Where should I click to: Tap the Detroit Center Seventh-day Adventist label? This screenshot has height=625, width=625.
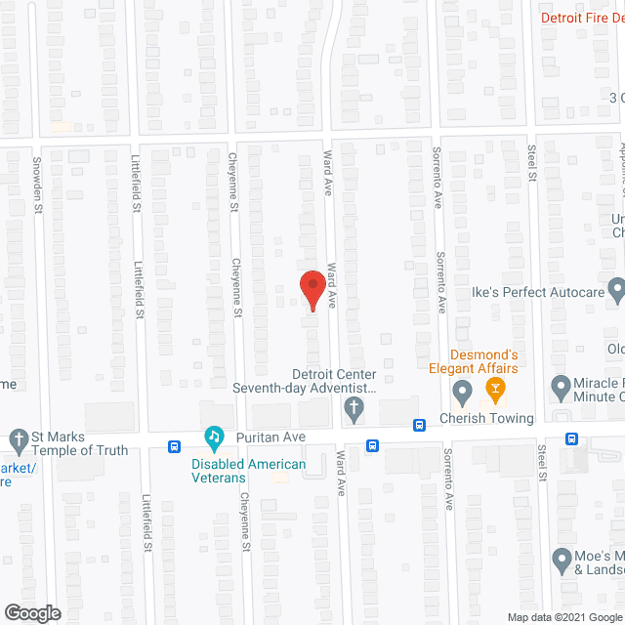(304, 381)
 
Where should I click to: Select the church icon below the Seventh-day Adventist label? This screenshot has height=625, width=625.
(354, 413)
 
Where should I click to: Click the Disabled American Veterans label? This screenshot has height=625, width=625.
(248, 471)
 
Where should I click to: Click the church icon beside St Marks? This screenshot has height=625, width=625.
(18, 437)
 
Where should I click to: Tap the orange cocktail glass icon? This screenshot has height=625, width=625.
(494, 391)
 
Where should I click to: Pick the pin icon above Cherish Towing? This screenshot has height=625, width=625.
(462, 393)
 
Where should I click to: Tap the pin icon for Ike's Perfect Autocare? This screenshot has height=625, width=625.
(615, 289)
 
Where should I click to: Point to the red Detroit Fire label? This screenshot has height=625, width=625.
(582, 17)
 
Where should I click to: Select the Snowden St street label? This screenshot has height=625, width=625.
(39, 184)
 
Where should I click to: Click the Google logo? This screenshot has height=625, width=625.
(30, 613)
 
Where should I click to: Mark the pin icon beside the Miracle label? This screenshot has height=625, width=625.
(561, 389)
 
